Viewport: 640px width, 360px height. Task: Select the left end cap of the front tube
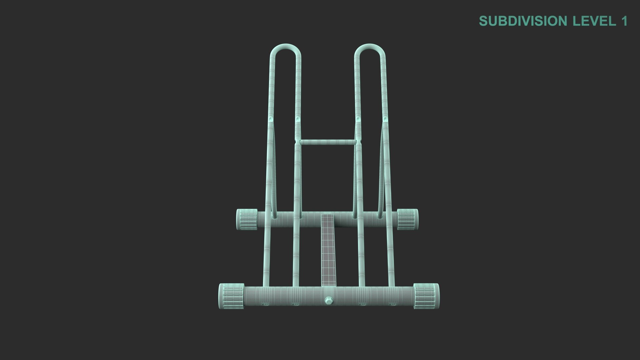(231, 296)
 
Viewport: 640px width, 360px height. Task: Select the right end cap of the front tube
(426, 296)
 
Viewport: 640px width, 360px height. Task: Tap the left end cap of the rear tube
(247, 219)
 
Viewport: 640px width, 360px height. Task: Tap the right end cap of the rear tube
(407, 219)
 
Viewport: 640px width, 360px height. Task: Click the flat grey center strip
(328, 250)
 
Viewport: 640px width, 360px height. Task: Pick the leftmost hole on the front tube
(265, 304)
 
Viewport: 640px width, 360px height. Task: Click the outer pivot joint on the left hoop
(271, 119)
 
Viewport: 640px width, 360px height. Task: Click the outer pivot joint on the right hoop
(385, 119)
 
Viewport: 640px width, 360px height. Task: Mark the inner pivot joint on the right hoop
(358, 119)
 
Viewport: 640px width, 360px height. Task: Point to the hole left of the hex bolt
(295, 304)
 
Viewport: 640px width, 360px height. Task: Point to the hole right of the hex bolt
(362, 304)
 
